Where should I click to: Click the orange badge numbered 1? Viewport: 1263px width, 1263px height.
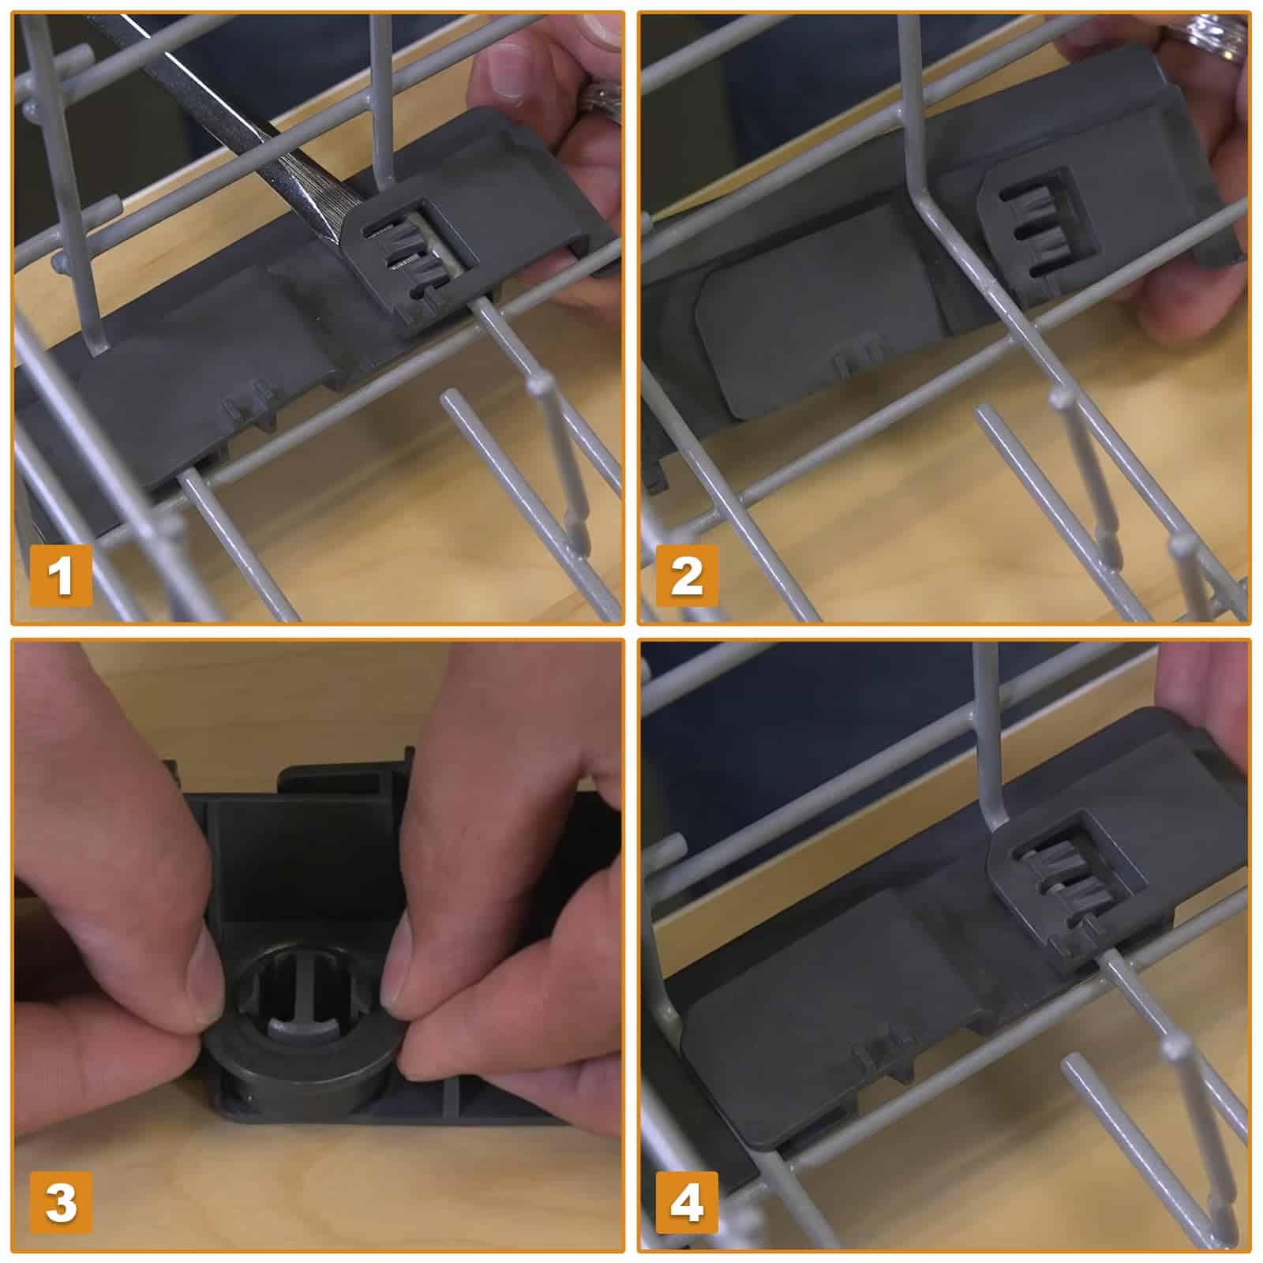pos(61,575)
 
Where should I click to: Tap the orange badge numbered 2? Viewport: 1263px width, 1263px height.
pos(687,575)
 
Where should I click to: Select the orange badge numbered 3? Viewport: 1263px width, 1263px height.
pos(61,1201)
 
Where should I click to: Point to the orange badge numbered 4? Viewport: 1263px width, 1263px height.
pos(687,1201)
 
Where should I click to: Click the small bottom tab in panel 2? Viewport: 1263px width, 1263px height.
pos(858,362)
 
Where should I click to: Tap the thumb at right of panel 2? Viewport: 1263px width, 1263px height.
pos(1184,300)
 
